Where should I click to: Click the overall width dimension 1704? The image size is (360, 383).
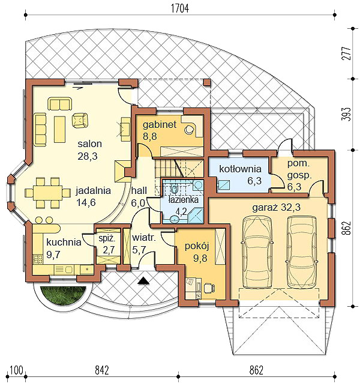[x=180, y=8]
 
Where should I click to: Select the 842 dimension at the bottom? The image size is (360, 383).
[x=101, y=370]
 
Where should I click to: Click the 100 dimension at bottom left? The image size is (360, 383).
[x=17, y=370]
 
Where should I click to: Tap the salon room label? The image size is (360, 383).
[x=89, y=143]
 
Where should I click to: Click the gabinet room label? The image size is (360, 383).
[x=160, y=125]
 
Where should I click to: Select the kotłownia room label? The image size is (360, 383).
[x=240, y=169]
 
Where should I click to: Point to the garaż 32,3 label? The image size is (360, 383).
[x=276, y=208]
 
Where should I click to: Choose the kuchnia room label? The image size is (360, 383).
[x=64, y=242]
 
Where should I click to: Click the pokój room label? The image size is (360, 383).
[x=197, y=246]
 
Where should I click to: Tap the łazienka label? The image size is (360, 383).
[x=184, y=200]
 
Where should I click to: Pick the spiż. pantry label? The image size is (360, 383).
[x=107, y=239]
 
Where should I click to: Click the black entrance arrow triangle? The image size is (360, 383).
[x=143, y=281]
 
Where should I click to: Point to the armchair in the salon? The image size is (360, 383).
[x=80, y=119]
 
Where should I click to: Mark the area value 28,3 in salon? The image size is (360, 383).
[x=88, y=156]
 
